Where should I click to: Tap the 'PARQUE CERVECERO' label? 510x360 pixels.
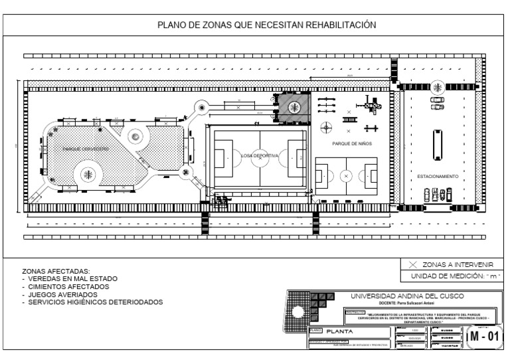tap(86, 149)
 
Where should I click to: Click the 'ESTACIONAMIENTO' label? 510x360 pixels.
tap(438, 177)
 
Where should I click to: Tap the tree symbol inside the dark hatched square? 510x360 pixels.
tap(294, 107)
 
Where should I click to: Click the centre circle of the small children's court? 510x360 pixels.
tap(345, 176)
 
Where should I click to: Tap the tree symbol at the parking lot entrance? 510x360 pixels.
tap(438, 86)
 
